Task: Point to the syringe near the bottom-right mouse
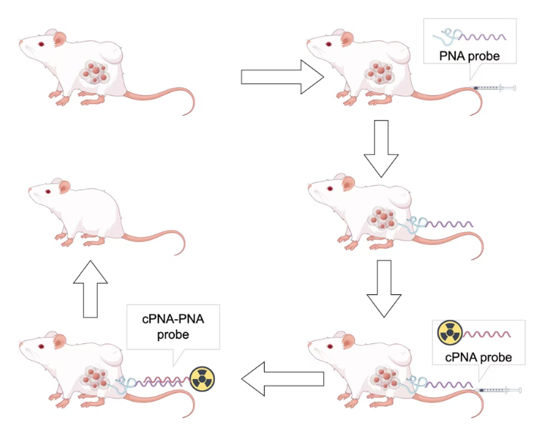click(500, 389)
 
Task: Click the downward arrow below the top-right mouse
click(382, 147)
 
